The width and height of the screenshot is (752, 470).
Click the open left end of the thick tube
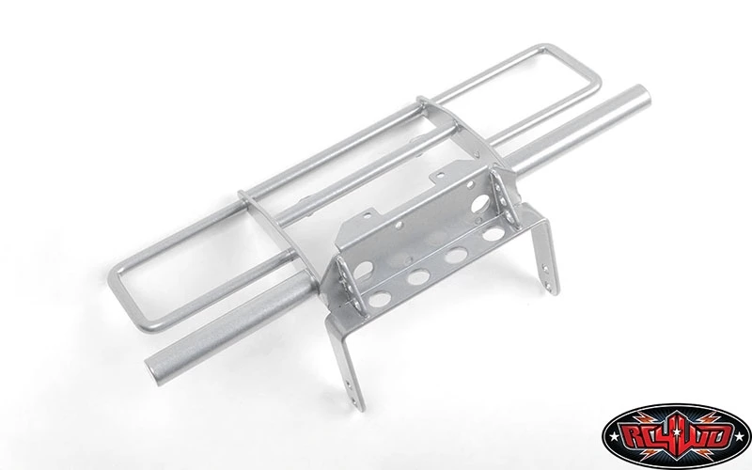click(x=153, y=370)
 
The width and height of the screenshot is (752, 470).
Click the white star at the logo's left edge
click(x=613, y=437)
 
